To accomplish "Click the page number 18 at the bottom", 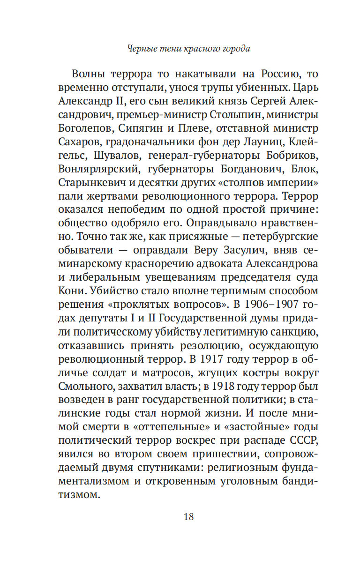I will pos(189,517).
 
